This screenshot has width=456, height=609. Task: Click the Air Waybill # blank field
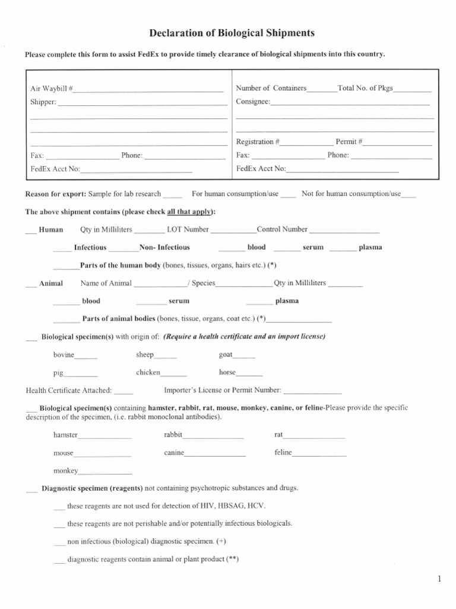[148, 91]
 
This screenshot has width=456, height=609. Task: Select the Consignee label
[252, 102]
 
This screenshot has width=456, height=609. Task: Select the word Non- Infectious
[164, 247]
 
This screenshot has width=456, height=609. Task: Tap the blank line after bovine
[85, 357]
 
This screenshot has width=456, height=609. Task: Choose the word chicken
[148, 372]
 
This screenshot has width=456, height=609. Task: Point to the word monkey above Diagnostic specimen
[65, 470]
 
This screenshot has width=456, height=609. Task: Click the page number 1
[439, 579]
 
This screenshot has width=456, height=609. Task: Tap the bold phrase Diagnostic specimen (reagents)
[92, 488]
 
